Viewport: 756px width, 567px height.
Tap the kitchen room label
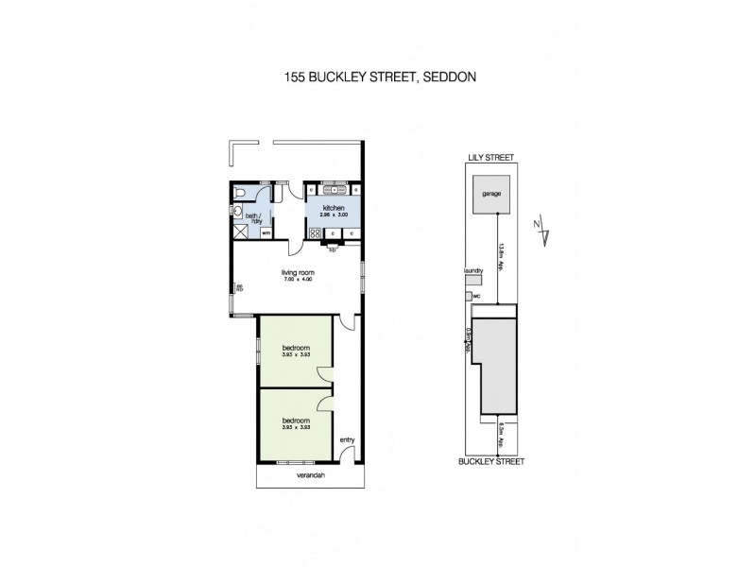[333, 207]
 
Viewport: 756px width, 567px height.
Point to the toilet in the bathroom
[239, 194]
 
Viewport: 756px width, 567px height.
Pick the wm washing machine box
[266, 232]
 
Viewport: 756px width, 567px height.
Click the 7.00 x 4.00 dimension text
[297, 281]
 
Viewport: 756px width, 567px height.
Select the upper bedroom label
[296, 348]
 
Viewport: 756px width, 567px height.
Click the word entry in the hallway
[347, 438]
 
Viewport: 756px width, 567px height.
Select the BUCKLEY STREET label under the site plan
[491, 462]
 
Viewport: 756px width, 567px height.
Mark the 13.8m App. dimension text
[498, 255]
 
